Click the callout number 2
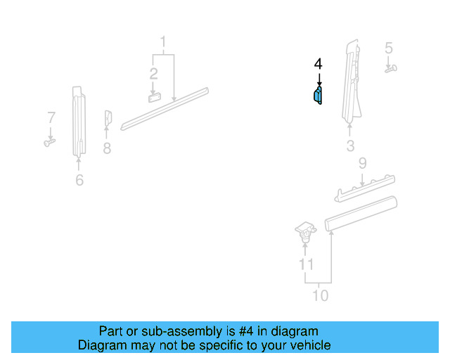[x=153, y=72]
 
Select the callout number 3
[x=350, y=146]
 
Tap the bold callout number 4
[x=319, y=65]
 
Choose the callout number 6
[x=79, y=181]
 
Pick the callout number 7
[x=51, y=117]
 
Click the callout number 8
[x=107, y=148]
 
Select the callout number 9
[x=362, y=164]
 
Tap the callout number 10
[x=320, y=295]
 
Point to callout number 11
[x=306, y=264]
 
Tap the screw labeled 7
[x=49, y=142]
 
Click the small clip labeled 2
[x=155, y=96]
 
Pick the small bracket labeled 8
[x=108, y=120]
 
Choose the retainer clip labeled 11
[x=304, y=232]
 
